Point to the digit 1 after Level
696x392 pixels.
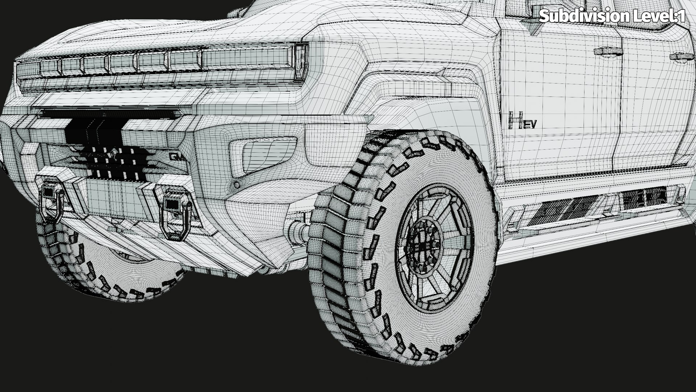coord(681,16)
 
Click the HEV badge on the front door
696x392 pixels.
coord(522,121)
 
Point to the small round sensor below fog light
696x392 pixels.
coord(237,184)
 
